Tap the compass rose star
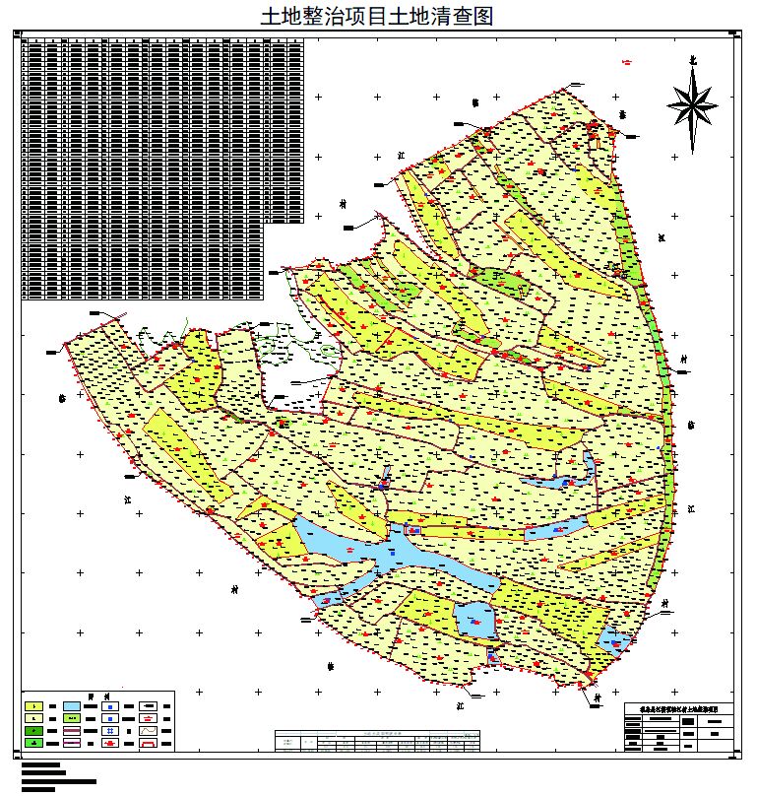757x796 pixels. coord(692,103)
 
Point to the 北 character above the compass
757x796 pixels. coord(692,60)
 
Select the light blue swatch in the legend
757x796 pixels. coord(72,706)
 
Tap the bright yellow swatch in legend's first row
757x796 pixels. coord(34,706)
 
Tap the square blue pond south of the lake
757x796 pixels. coord(474,619)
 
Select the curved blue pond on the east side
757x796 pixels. coord(566,480)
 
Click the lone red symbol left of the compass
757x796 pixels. coord(627,61)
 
